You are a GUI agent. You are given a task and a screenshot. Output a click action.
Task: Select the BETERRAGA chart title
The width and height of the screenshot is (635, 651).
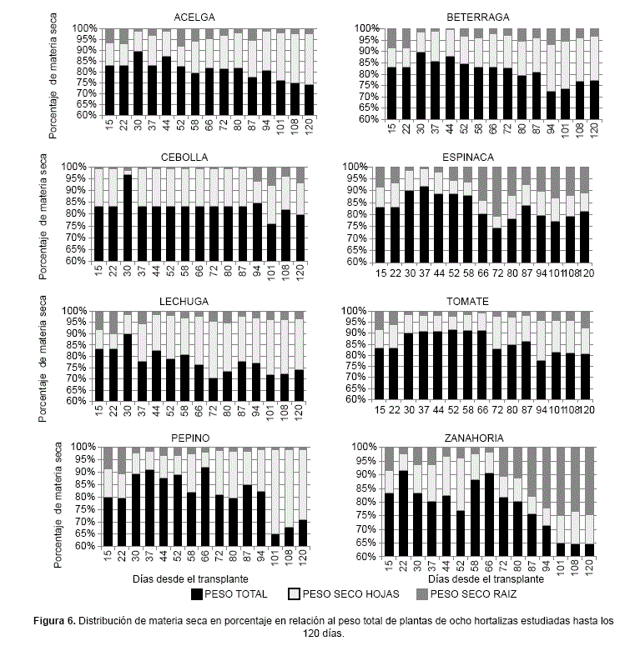(x=478, y=17)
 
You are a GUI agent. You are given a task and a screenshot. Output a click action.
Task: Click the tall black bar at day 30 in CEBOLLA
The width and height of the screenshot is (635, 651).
(x=128, y=218)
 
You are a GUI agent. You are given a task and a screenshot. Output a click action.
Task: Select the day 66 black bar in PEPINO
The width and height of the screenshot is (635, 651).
(x=205, y=507)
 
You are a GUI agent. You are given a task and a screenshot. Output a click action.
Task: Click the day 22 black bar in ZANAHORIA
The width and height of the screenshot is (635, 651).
(x=403, y=513)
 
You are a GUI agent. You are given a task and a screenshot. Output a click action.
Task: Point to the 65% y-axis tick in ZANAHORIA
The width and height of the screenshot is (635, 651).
(x=365, y=529)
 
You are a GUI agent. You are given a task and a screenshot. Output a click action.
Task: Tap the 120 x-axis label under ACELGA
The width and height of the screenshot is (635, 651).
(x=309, y=130)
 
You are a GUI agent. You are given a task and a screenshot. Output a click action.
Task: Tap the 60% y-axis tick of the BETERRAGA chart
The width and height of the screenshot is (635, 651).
(x=365, y=119)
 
